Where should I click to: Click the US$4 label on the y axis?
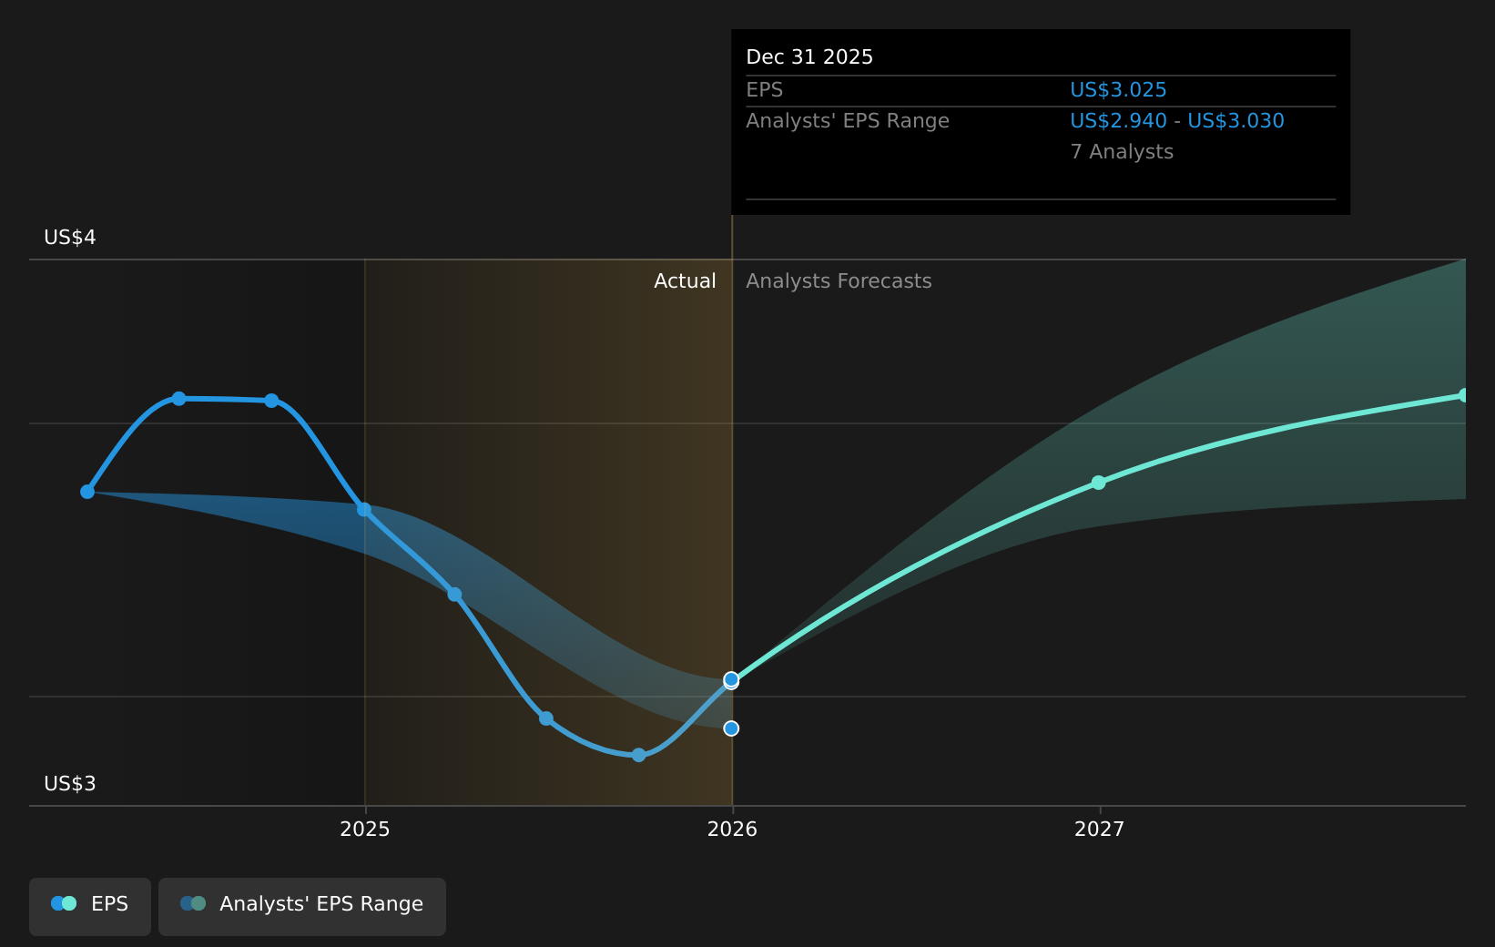click(x=70, y=238)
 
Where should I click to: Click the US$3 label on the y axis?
click(x=70, y=784)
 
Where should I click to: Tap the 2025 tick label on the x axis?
click(x=364, y=830)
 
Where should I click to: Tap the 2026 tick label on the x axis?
click(x=732, y=830)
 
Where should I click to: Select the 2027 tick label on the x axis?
click(x=1099, y=830)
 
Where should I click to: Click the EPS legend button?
click(x=90, y=904)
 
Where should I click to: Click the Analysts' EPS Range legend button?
click(x=302, y=904)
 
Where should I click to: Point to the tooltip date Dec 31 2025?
click(x=809, y=57)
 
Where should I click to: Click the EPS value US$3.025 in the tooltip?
click(x=1118, y=90)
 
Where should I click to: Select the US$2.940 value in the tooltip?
click(x=1118, y=121)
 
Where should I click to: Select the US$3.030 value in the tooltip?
click(x=1236, y=121)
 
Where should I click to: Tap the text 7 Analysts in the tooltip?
click(x=1122, y=152)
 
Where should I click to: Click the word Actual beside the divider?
click(x=685, y=281)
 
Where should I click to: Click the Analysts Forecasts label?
click(x=839, y=281)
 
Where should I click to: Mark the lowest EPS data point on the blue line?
click(x=638, y=755)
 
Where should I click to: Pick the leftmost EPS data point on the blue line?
click(x=87, y=492)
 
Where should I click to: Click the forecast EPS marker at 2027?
click(x=1098, y=483)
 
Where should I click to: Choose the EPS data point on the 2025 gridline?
click(x=364, y=510)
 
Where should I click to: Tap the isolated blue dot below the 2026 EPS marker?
click(x=731, y=728)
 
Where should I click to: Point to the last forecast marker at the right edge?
click(x=1463, y=395)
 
